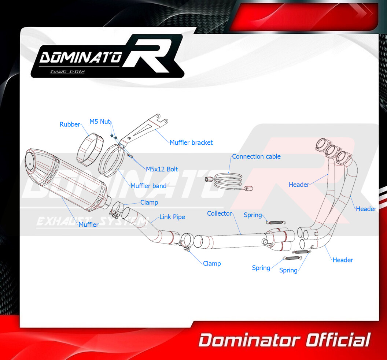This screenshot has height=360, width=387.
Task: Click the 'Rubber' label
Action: click(x=70, y=124)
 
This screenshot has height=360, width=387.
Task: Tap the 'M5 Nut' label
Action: click(x=100, y=122)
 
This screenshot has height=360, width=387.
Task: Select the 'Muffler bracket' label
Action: click(x=191, y=142)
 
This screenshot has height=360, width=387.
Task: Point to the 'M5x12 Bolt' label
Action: click(x=162, y=169)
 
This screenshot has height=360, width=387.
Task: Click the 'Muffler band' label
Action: click(x=148, y=186)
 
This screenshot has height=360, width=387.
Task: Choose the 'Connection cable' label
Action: click(x=256, y=157)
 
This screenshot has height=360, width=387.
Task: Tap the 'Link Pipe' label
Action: click(x=172, y=217)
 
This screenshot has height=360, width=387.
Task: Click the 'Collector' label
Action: click(x=220, y=214)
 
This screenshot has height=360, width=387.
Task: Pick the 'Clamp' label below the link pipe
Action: click(x=212, y=264)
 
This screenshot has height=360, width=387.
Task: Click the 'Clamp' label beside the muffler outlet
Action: click(x=149, y=203)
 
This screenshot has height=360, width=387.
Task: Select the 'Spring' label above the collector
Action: click(x=253, y=215)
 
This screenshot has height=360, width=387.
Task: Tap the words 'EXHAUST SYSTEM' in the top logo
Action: click(x=67, y=72)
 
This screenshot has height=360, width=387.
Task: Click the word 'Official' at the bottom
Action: click(x=338, y=340)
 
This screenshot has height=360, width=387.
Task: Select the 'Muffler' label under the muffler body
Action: click(x=88, y=224)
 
